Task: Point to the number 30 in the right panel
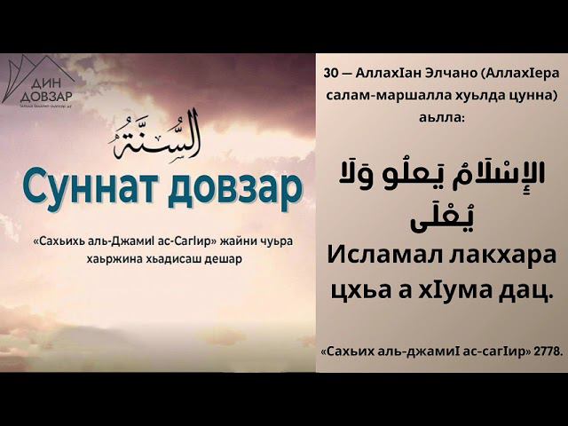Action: point(331,75)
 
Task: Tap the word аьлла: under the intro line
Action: point(441,115)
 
